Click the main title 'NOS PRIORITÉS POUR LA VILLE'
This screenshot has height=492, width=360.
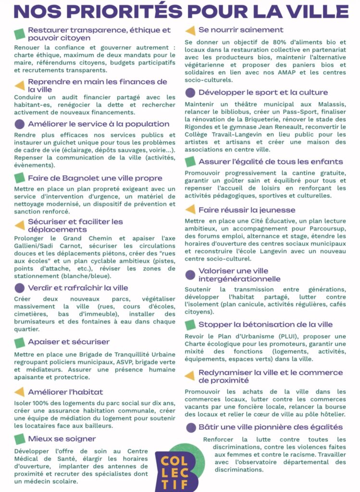[x=180, y=11]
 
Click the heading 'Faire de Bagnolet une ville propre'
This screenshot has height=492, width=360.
[x=95, y=178]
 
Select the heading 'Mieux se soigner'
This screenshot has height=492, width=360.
[x=62, y=439]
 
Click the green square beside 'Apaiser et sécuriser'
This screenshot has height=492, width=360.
[x=19, y=342]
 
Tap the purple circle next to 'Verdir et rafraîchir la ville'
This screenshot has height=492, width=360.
[x=19, y=288]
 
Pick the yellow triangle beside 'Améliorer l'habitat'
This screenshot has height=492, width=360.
[x=19, y=392]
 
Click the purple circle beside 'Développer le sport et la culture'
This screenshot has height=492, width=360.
[x=190, y=92]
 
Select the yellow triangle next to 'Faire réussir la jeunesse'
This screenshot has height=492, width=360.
[x=190, y=210]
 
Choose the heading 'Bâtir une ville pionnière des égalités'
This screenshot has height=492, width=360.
[x=270, y=427]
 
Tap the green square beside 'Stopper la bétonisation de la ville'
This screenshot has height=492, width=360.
[x=190, y=325]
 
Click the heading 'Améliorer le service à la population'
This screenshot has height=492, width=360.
[x=99, y=124]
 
